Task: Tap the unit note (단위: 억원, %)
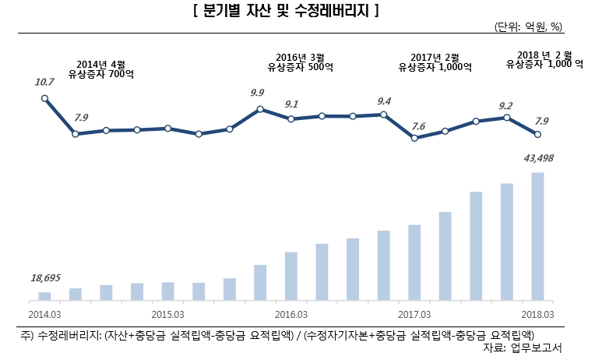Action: [527, 26]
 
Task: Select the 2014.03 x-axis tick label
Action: [44, 314]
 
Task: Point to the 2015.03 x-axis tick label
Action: [167, 314]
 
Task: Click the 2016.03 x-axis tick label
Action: [291, 314]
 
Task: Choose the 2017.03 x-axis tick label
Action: [414, 314]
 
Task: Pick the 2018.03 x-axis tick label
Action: [537, 314]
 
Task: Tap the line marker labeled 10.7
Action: [44, 98]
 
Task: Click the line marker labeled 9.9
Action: [260, 109]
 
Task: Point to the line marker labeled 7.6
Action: [414, 138]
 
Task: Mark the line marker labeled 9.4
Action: [383, 115]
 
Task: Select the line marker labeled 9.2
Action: [507, 118]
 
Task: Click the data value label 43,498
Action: [537, 159]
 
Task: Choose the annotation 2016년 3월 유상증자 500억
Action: [301, 62]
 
